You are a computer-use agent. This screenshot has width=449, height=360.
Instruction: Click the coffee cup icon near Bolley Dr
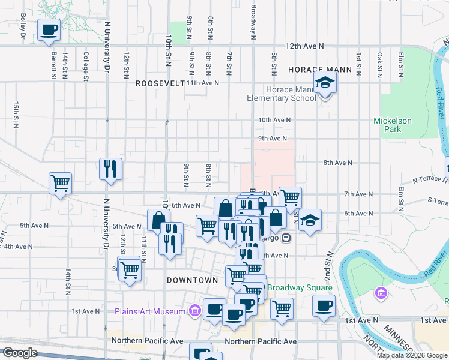[49, 29]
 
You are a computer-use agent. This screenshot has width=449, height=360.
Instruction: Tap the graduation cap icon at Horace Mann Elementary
[325, 82]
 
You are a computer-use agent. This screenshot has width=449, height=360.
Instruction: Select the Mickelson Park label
[393, 125]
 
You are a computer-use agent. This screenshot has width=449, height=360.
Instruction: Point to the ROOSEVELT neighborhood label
[160, 83]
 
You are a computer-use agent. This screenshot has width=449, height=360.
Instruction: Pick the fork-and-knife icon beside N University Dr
[111, 169]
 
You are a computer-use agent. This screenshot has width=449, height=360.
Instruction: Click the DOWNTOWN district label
[192, 280]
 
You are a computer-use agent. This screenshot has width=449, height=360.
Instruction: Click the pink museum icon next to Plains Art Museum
[194, 311]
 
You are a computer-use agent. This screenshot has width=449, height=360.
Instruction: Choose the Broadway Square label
[295, 287]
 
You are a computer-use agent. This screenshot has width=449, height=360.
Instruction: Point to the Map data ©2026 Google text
[412, 355]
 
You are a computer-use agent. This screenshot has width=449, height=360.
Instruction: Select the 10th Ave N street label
[274, 120]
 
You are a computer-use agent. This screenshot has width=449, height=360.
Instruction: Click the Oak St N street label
[380, 65]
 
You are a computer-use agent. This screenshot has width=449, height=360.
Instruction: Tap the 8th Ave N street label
[337, 163]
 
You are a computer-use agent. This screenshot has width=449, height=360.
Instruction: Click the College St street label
[86, 65]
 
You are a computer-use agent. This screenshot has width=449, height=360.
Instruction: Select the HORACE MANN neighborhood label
[320, 70]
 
